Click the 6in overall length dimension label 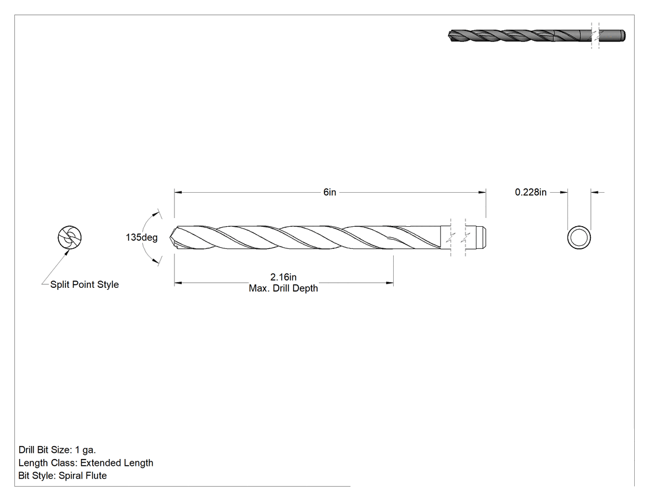coord(329,192)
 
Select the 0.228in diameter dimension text coord(530,192)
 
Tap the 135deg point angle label coord(142,237)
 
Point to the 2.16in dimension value coord(284,277)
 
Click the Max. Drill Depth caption coord(284,288)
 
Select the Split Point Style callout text coord(85,285)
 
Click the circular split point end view coord(69,237)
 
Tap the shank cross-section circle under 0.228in coord(579,237)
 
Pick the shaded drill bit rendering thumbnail coord(537,36)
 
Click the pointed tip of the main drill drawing coord(170,238)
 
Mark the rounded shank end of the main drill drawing coord(484,237)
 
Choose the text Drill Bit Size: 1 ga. coord(57,450)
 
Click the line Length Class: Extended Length coord(86,463)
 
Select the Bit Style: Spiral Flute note coord(62,476)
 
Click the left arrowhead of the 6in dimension coord(178,192)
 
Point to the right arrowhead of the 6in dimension coord(482,192)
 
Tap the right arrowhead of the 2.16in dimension coord(389,283)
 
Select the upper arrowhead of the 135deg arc coord(156,214)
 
